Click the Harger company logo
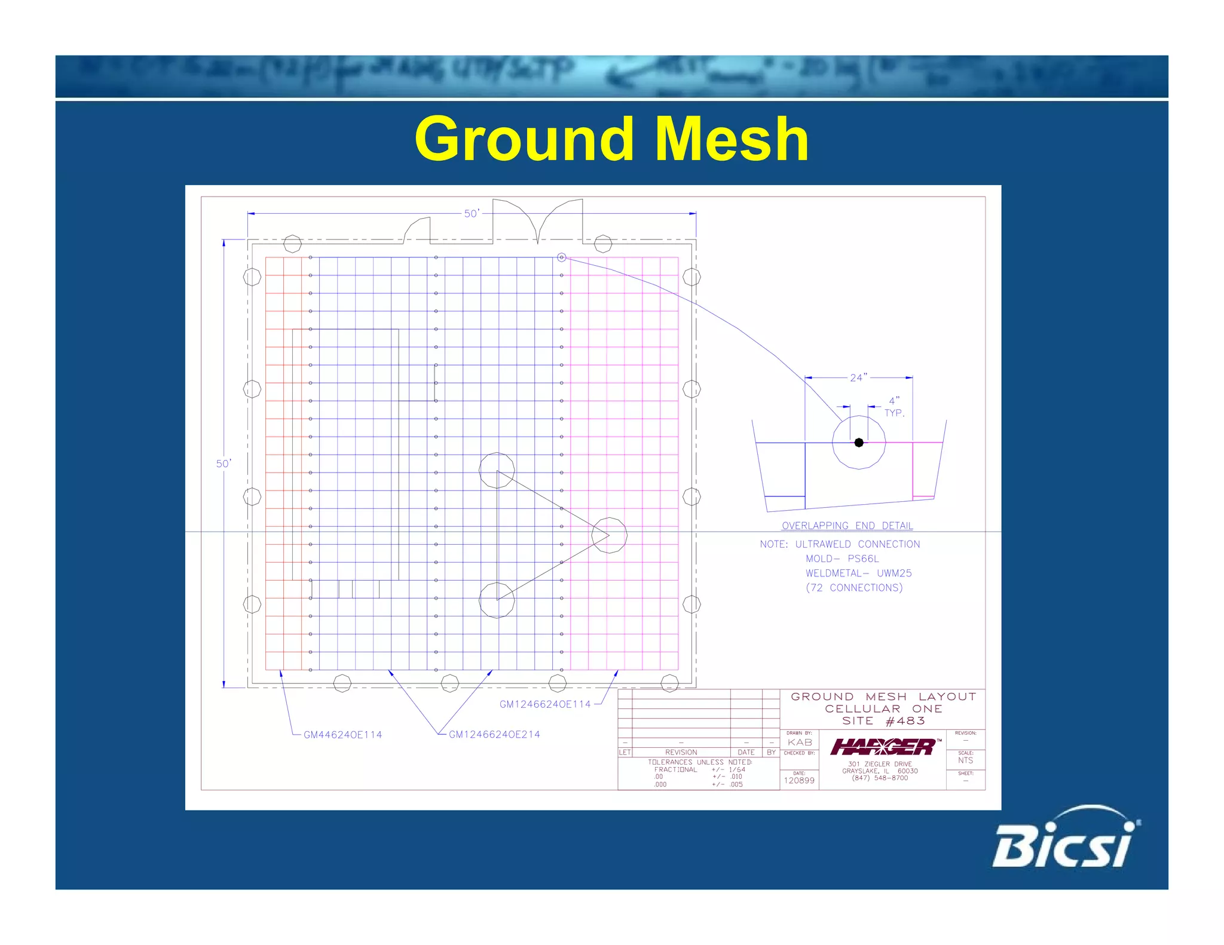pyautogui.click(x=883, y=747)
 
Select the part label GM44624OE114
pyautogui.click(x=342, y=735)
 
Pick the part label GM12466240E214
pyautogui.click(x=494, y=734)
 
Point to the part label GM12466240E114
pyautogui.click(x=544, y=704)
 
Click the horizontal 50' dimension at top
pyautogui.click(x=472, y=213)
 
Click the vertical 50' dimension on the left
pyautogui.click(x=224, y=464)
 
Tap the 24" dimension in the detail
pyautogui.click(x=858, y=378)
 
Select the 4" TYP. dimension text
pyautogui.click(x=894, y=407)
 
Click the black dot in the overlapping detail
pyautogui.click(x=859, y=443)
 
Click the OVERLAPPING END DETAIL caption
pyautogui.click(x=847, y=526)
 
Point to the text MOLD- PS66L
pyautogui.click(x=842, y=559)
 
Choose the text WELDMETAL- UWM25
pyautogui.click(x=858, y=573)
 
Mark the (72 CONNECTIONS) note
pyautogui.click(x=854, y=588)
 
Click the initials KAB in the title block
pyautogui.click(x=800, y=742)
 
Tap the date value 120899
pyautogui.click(x=799, y=780)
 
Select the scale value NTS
pyautogui.click(x=965, y=760)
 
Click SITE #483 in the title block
pyautogui.click(x=883, y=721)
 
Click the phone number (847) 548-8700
pyautogui.click(x=880, y=778)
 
